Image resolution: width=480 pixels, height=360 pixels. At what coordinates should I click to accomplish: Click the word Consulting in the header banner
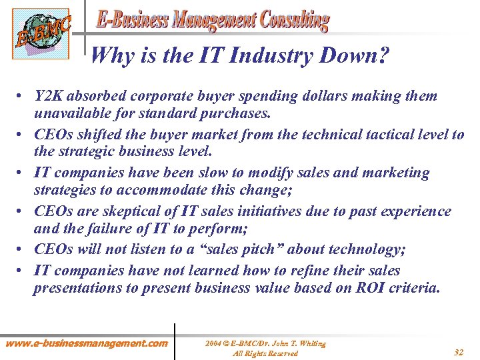[x=290, y=20]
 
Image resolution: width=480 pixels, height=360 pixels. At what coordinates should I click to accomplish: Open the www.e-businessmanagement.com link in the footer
[x=87, y=343]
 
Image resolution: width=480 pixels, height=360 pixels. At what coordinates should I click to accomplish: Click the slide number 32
[x=459, y=351]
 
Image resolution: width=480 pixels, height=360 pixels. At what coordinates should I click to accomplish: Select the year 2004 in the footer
[x=213, y=344]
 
